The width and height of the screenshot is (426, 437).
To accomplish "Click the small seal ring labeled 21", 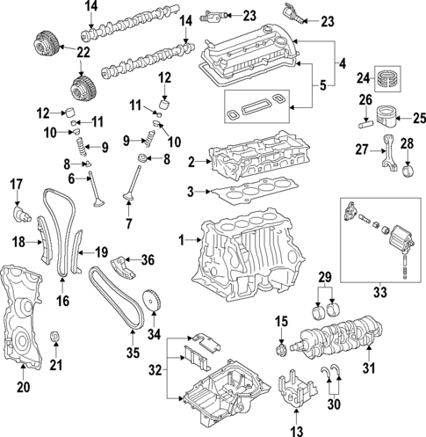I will click(57, 337).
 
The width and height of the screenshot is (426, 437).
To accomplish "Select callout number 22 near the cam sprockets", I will click(58, 54).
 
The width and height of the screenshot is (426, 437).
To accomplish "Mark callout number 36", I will click(148, 259).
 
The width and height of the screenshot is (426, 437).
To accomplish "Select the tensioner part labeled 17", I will click(18, 212).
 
